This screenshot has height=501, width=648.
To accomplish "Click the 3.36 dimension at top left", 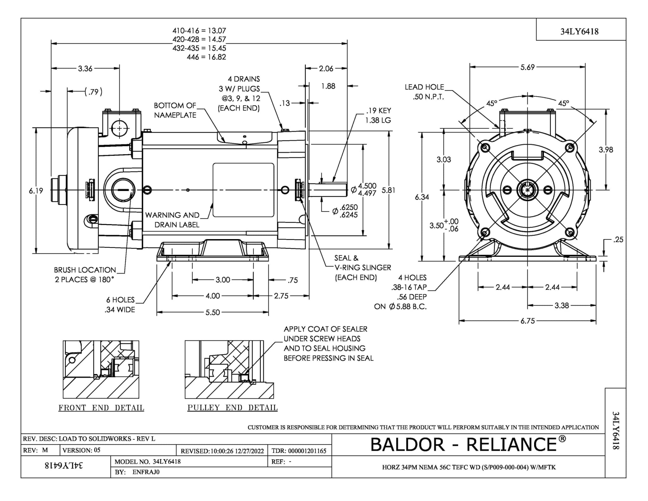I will click(x=85, y=68).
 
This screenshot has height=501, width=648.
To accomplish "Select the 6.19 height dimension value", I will click(x=36, y=191).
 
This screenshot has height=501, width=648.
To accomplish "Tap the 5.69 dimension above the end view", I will click(x=527, y=67).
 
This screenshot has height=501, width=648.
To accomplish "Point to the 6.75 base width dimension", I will click(x=527, y=321).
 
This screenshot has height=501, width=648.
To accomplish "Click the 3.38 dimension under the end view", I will click(x=562, y=306).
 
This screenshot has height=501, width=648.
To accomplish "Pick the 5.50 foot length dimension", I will click(x=213, y=313).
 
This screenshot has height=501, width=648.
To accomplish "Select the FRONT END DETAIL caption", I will click(x=101, y=408).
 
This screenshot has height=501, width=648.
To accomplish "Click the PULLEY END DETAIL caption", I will click(x=232, y=408).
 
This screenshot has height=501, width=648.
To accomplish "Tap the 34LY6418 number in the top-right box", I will click(x=579, y=31).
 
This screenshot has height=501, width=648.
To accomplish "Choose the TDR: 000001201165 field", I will click(x=299, y=451).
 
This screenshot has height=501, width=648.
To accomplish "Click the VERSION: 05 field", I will click(x=81, y=450).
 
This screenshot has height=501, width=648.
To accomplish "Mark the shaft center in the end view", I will click(x=527, y=190).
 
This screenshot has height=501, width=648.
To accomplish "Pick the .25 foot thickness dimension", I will click(x=618, y=240).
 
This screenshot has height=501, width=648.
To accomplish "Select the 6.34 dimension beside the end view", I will click(x=422, y=197).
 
